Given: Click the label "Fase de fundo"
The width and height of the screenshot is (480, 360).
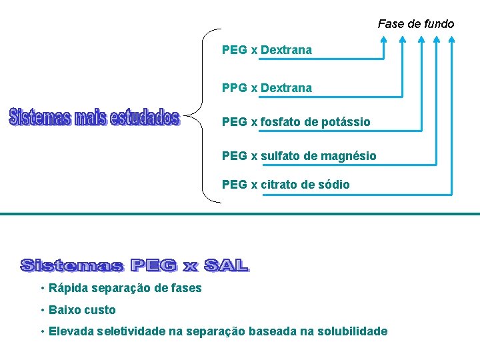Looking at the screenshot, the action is [415, 24].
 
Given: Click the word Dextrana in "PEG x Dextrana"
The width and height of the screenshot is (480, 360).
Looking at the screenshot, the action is [286, 50].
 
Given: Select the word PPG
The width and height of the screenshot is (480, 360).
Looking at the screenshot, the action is [234, 88].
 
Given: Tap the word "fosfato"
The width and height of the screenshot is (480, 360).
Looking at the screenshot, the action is [281, 122].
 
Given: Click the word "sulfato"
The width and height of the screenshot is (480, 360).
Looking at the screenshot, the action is [280, 156].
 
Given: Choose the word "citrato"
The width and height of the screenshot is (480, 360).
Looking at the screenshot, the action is [280, 185].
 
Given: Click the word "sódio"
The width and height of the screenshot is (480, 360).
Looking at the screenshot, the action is [333, 185].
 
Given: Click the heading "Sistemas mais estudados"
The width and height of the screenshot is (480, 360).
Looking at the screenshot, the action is [94, 118].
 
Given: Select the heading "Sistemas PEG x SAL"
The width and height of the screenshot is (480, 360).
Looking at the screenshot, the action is [135, 265].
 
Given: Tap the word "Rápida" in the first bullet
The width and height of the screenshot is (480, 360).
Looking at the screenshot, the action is [67, 288].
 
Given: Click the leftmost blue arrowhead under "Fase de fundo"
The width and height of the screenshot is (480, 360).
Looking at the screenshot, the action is [383, 39].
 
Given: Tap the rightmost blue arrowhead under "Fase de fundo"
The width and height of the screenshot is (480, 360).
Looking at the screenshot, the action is [452, 39].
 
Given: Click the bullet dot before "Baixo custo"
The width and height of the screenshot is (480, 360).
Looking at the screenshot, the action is [42, 310].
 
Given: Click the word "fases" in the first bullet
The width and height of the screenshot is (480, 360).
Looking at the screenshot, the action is [187, 288].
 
